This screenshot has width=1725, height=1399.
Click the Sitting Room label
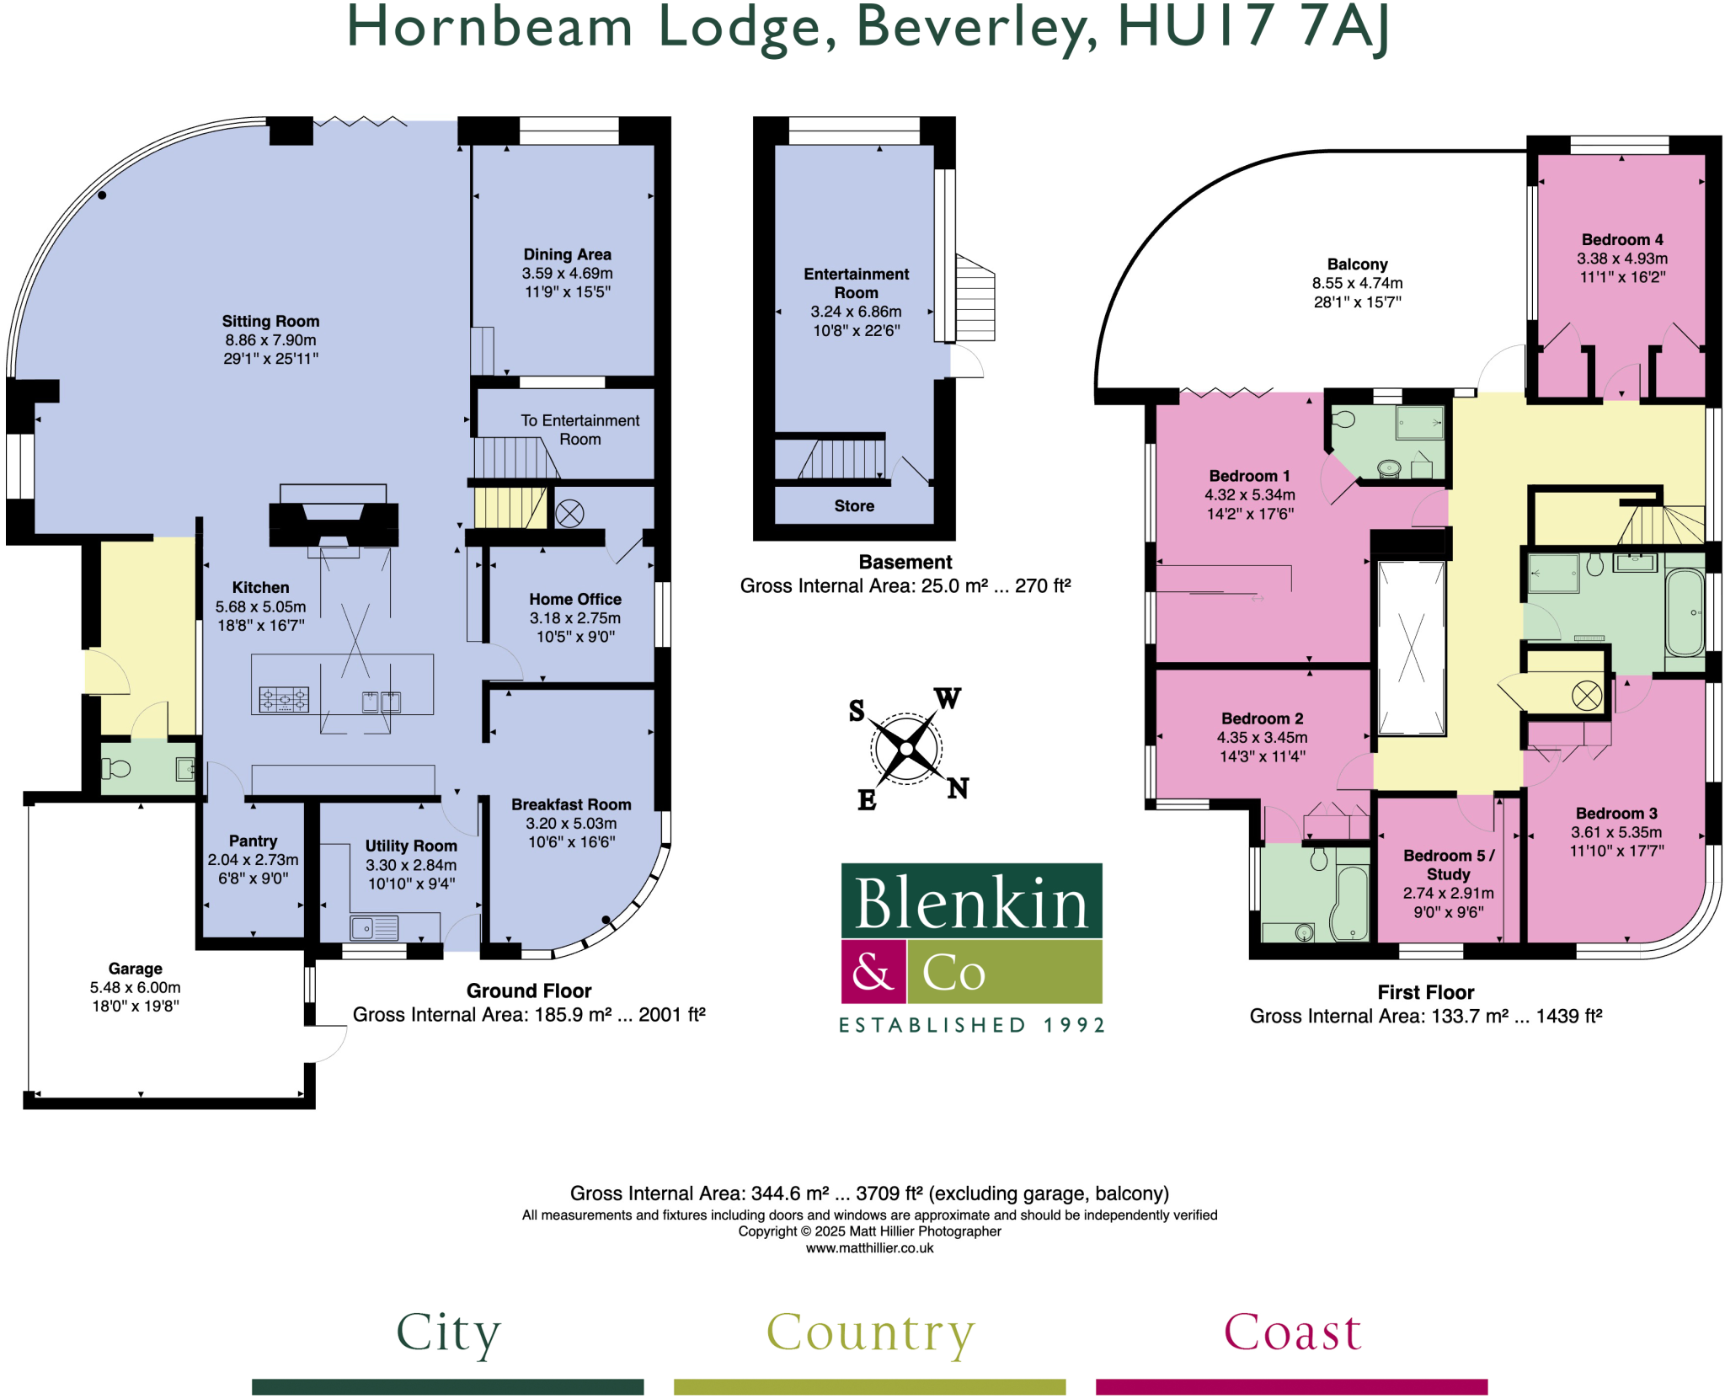click(270, 321)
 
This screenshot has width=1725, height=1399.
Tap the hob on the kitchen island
click(284, 699)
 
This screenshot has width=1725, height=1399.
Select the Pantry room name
click(253, 841)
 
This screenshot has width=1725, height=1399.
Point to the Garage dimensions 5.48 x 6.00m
click(135, 987)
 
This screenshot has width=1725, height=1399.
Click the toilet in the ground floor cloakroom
click(116, 768)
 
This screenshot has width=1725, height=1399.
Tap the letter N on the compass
click(958, 788)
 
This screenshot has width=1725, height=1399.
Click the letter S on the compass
click(857, 711)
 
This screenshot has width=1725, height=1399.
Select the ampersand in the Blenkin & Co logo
click(873, 972)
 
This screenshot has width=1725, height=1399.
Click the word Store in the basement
click(854, 505)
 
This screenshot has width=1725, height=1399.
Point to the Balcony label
click(1357, 264)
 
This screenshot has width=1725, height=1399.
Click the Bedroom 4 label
click(1621, 239)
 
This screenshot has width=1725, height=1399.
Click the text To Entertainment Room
click(579, 429)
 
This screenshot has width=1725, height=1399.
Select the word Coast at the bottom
click(1292, 1332)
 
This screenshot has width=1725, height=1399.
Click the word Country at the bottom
click(870, 1332)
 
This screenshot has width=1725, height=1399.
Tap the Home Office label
click(574, 599)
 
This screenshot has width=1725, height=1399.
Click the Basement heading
click(905, 562)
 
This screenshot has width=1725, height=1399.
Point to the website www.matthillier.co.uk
click(869, 1248)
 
